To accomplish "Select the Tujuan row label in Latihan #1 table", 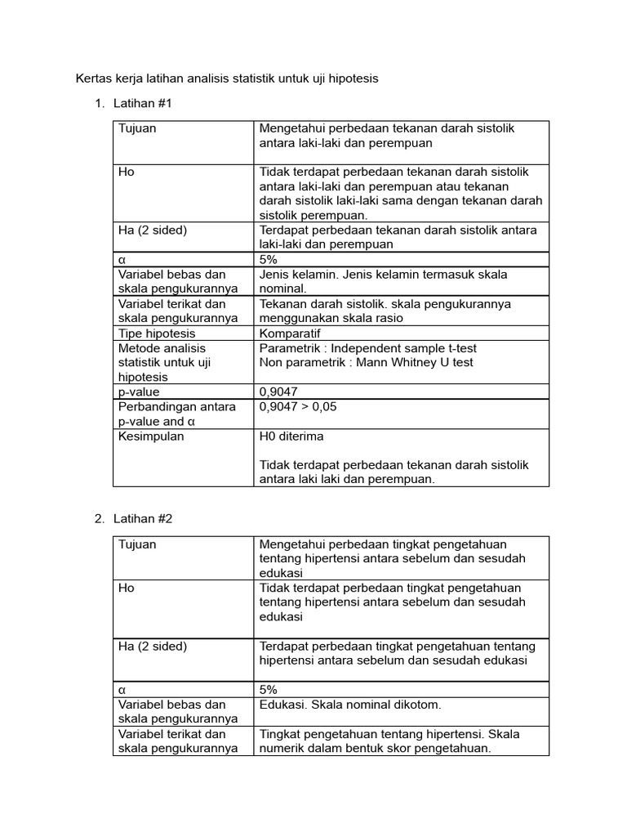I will pos(137,128).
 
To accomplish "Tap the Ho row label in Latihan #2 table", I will pos(127,588).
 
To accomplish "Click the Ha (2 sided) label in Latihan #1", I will pos(153,230).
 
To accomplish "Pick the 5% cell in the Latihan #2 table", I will pos(269,689).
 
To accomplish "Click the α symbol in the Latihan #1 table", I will pos(122,259).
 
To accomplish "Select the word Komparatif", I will pos(290,333).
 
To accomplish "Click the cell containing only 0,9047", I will pos(279,392).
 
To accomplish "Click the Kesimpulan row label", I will pos(151,436).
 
